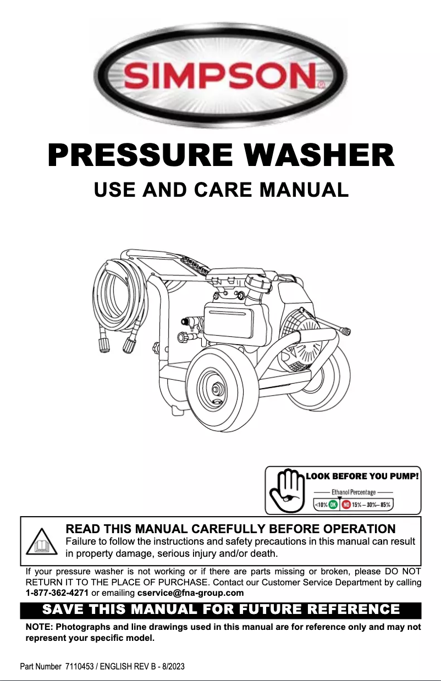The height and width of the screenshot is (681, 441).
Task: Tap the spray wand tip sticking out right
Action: (x=345, y=331)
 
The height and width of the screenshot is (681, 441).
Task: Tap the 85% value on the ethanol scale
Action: (x=387, y=504)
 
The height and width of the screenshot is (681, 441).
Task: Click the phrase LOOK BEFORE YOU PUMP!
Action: (x=362, y=476)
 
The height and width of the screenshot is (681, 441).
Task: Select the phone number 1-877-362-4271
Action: (x=57, y=593)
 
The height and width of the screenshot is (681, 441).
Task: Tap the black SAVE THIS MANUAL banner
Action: (x=220, y=610)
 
